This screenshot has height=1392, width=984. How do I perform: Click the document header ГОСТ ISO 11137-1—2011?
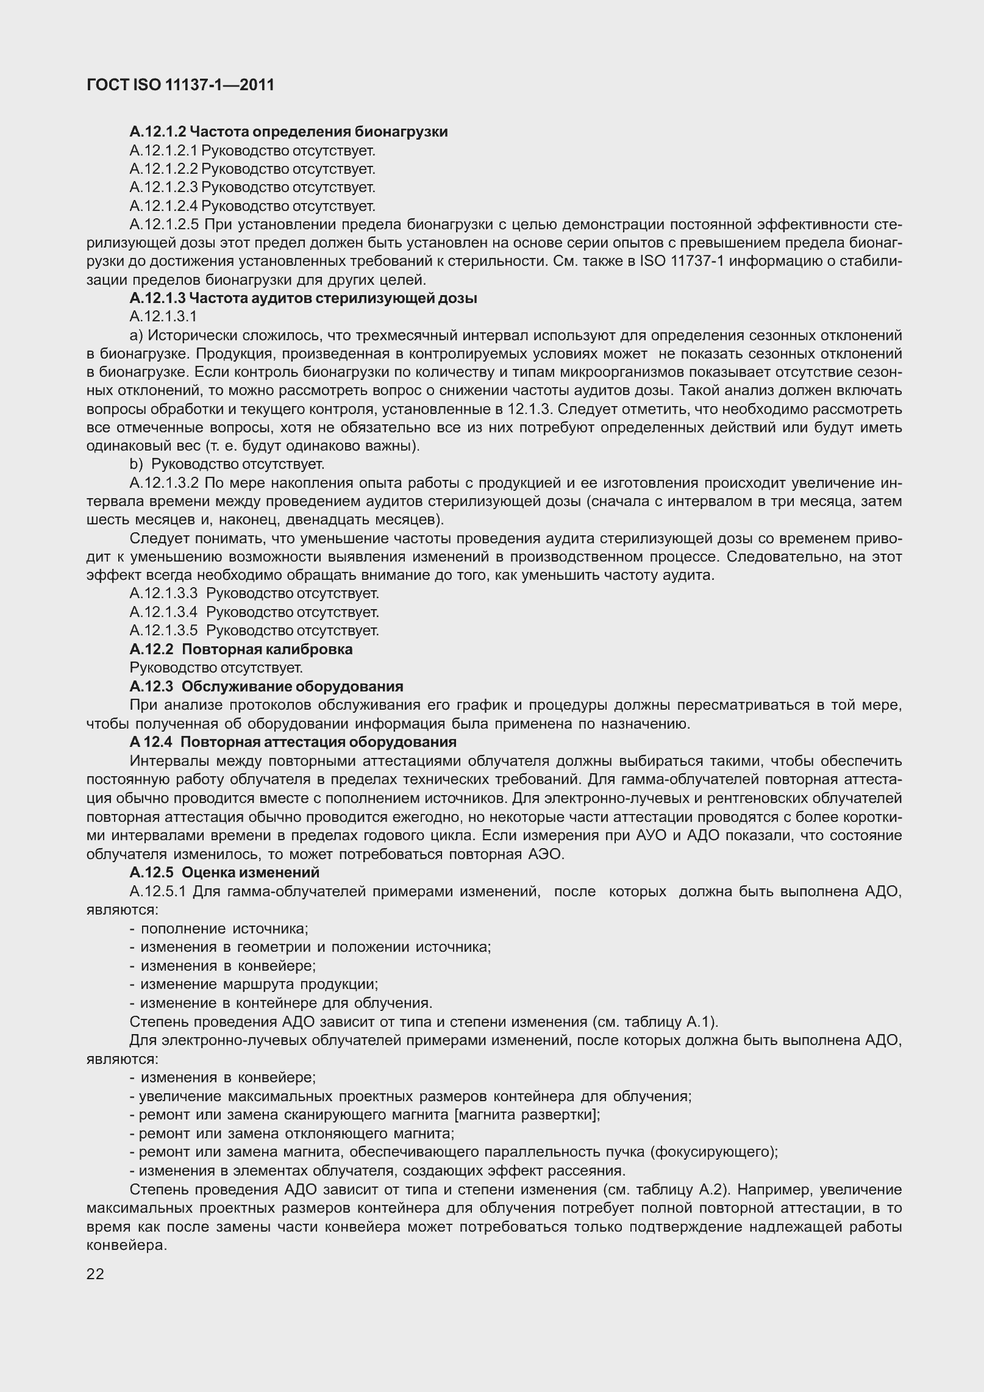click(180, 85)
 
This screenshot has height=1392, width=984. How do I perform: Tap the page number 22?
click(96, 1274)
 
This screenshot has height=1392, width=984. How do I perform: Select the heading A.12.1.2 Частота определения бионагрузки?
click(288, 132)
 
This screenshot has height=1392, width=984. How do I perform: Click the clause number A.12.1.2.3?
click(163, 187)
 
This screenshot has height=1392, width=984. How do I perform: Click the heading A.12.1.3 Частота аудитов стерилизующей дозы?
click(303, 298)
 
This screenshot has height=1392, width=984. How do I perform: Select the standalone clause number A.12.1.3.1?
click(163, 316)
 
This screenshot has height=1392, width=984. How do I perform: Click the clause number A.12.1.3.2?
click(164, 484)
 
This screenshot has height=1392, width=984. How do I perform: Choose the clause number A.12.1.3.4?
click(163, 612)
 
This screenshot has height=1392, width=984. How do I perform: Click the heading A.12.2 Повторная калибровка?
click(241, 649)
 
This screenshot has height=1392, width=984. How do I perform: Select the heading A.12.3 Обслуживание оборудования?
click(266, 686)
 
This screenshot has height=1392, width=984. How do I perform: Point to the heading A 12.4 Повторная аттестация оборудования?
click(293, 742)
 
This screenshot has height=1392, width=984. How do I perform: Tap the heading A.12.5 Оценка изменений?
click(224, 872)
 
